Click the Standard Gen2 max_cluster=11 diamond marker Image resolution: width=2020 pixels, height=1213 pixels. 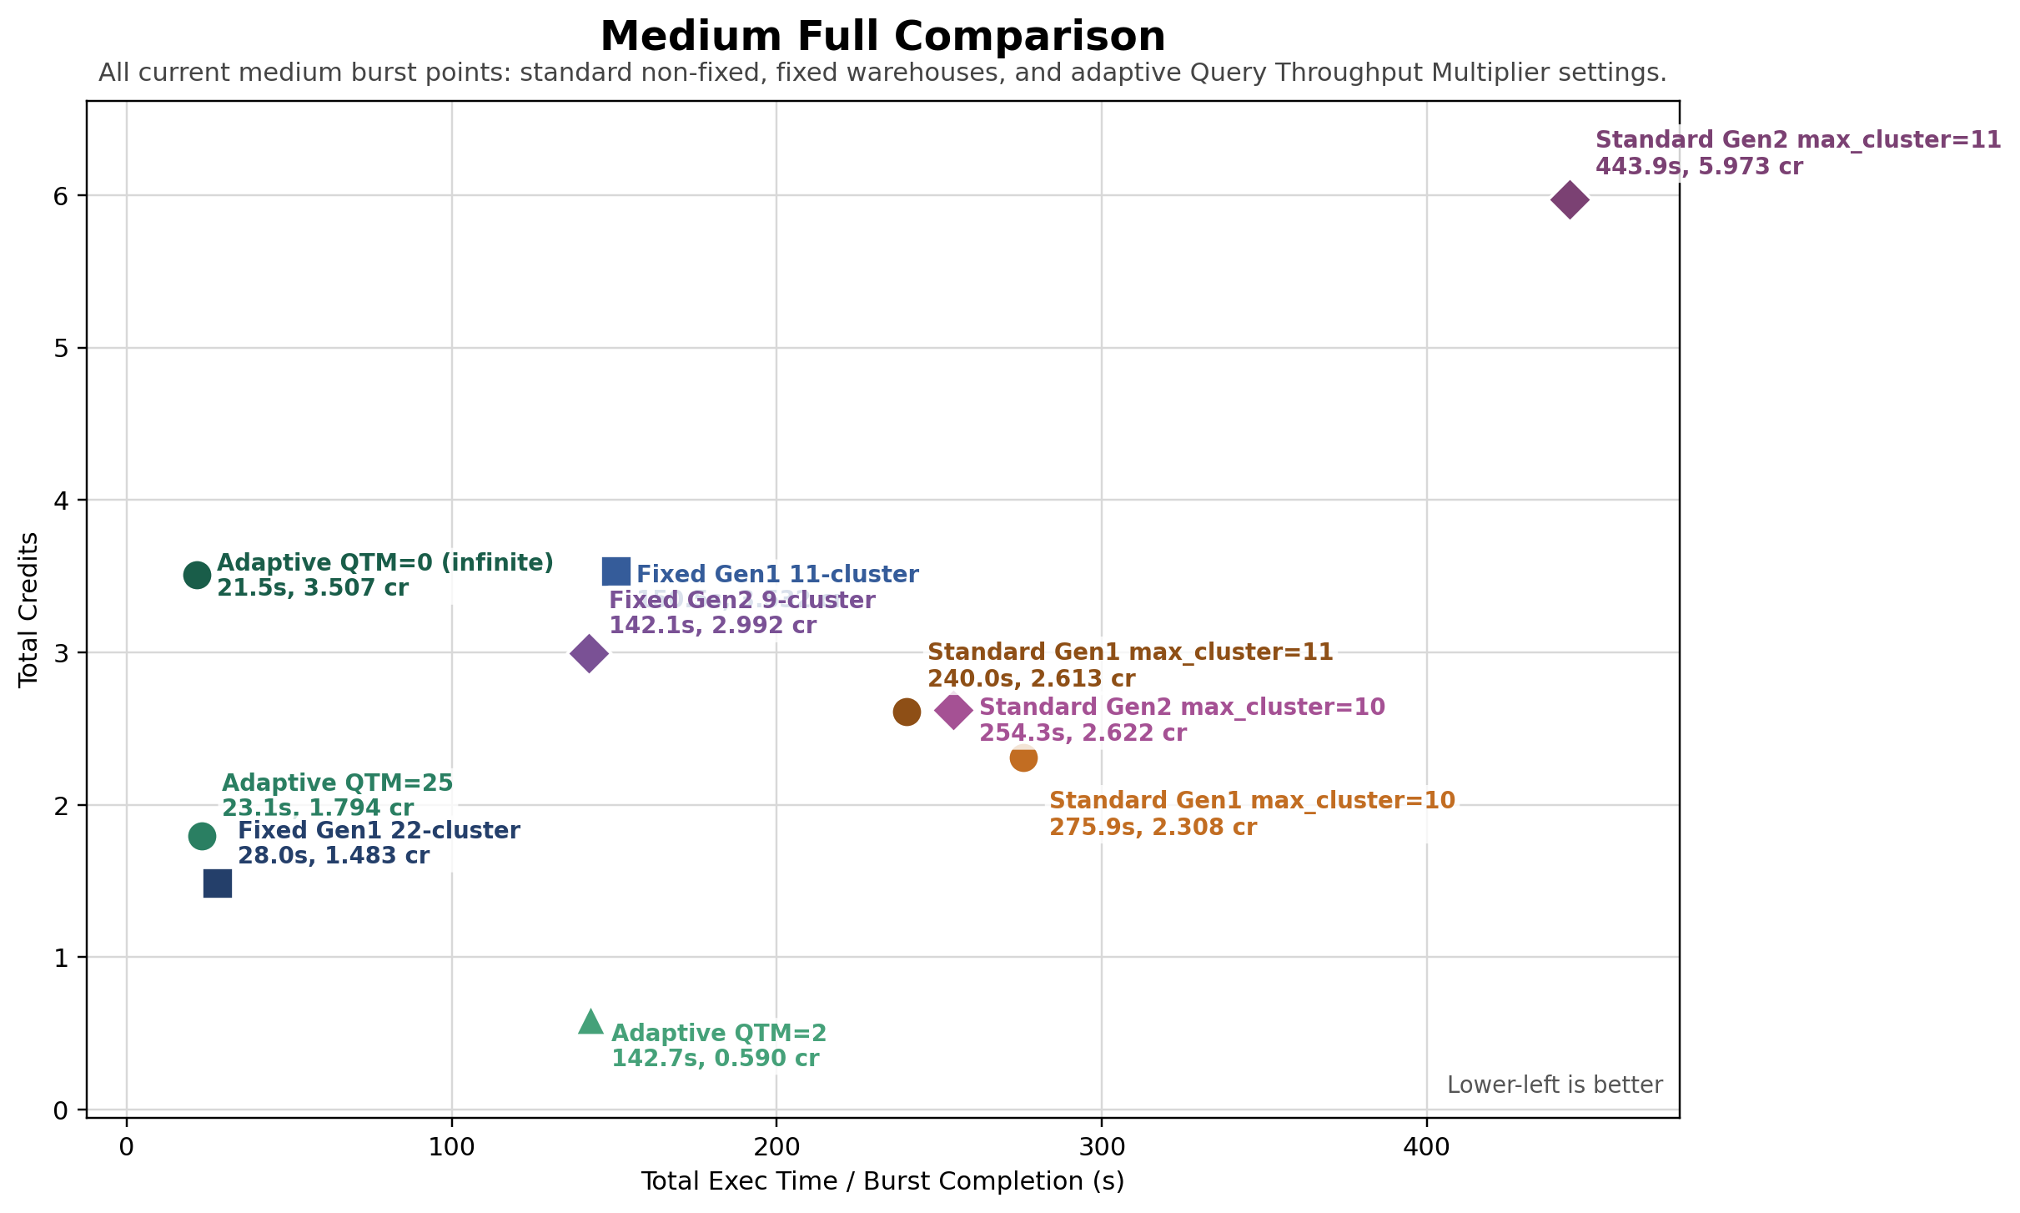pyautogui.click(x=1569, y=200)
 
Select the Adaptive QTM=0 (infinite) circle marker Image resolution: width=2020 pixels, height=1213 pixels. pyautogui.click(x=197, y=575)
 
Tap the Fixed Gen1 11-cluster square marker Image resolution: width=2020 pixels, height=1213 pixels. pyautogui.click(x=616, y=572)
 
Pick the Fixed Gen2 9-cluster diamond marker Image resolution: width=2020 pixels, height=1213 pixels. pyautogui.click(x=589, y=653)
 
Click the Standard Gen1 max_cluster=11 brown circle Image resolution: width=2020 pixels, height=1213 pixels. pyautogui.click(x=907, y=712)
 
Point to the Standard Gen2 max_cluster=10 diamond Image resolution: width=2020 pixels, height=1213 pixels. pyautogui.click(x=953, y=711)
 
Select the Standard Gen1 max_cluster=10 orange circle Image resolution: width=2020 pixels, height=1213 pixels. pyautogui.click(x=1023, y=758)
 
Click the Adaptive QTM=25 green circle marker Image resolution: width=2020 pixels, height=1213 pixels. pyautogui.click(x=202, y=836)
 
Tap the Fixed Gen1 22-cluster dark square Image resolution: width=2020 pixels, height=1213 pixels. pyautogui.click(x=218, y=883)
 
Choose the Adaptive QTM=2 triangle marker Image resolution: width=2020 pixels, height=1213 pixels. pyautogui.click(x=590, y=1022)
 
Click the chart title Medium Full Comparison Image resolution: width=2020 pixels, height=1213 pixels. pyautogui.click(x=882, y=37)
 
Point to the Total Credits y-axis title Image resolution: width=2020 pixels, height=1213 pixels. pyautogui.click(x=28, y=609)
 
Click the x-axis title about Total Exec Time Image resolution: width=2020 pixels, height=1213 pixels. pyautogui.click(x=882, y=1181)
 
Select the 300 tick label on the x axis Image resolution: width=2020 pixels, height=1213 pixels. pyautogui.click(x=1102, y=1146)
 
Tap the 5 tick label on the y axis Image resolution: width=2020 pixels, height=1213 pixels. pyautogui.click(x=59, y=348)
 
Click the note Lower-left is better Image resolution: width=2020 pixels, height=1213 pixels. pyautogui.click(x=1555, y=1085)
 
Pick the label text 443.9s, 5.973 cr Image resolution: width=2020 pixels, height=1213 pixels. pyautogui.click(x=1699, y=167)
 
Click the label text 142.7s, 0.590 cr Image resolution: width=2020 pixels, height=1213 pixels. pyautogui.click(x=715, y=1059)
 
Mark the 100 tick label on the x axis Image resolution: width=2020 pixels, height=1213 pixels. pyautogui.click(x=451, y=1146)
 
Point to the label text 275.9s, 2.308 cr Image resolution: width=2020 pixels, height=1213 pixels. pyautogui.click(x=1153, y=828)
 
